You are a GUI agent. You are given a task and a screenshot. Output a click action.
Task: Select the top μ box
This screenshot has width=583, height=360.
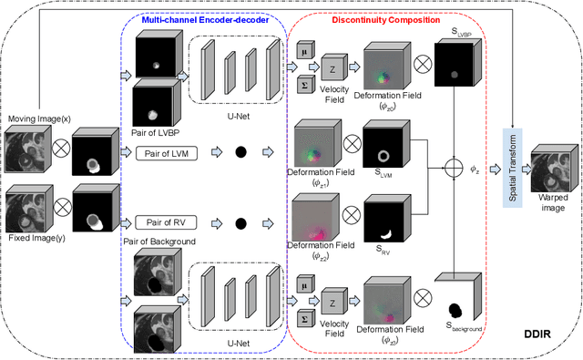tap(303, 52)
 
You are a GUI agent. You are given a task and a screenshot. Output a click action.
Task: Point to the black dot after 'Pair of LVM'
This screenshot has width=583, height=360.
tap(242, 153)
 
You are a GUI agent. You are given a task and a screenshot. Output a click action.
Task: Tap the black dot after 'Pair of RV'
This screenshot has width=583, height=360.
tap(242, 221)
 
